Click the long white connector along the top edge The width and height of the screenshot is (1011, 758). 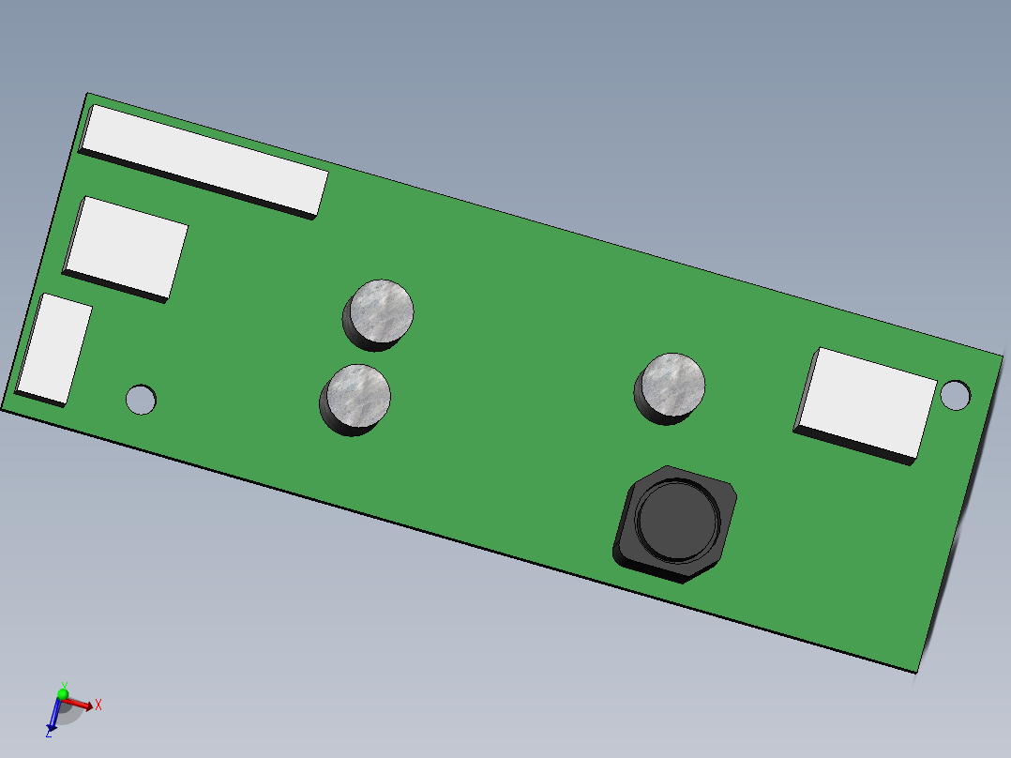click(x=204, y=158)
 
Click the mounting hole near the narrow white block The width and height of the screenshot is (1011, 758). click(x=142, y=400)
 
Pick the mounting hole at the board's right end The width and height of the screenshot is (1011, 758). click(x=956, y=395)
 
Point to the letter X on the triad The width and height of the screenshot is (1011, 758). click(x=98, y=704)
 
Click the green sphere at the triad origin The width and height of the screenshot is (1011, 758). click(x=63, y=695)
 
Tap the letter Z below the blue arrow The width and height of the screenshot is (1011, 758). click(x=48, y=733)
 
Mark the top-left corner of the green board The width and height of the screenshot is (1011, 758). click(x=88, y=94)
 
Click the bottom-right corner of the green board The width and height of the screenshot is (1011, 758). click(x=915, y=672)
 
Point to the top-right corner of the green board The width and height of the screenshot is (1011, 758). click(x=1003, y=355)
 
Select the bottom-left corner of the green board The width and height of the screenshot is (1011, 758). click(x=2, y=410)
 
